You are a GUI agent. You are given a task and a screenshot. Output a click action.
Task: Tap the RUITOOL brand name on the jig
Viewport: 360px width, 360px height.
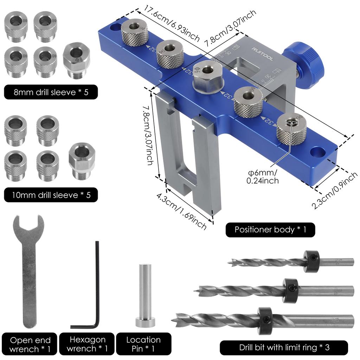pyautogui.click(x=262, y=54)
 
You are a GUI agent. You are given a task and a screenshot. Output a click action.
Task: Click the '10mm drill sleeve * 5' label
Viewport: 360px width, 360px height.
pyautogui.click(x=51, y=195)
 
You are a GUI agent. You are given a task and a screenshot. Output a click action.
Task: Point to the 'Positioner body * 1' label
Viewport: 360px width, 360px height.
pyautogui.click(x=270, y=230)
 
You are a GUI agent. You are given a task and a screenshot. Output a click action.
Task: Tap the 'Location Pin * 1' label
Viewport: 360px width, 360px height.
pyautogui.click(x=143, y=344)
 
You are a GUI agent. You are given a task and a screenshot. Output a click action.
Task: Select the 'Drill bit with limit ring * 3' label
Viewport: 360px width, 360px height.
pyautogui.click(x=284, y=348)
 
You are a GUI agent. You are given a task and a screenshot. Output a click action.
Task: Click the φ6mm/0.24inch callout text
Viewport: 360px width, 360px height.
pyautogui.click(x=263, y=176)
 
